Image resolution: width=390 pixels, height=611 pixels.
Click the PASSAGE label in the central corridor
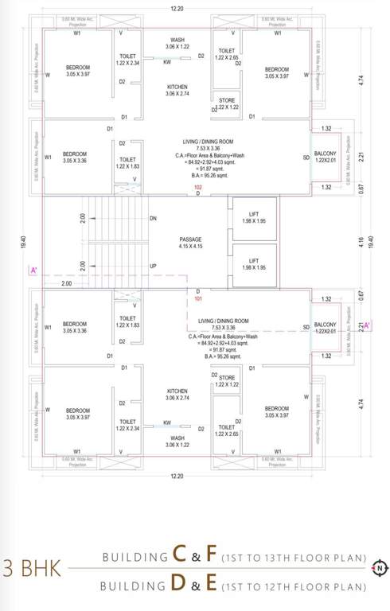coord(190,239)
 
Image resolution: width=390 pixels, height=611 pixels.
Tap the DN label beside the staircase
coord(153,218)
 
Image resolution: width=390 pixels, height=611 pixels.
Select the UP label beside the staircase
coord(153,266)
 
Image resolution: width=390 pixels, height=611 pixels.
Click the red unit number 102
coord(198,187)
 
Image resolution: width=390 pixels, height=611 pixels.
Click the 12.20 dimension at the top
coord(177,9)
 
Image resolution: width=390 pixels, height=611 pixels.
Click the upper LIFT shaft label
coord(253,212)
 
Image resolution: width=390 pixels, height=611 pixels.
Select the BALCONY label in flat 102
coord(325,153)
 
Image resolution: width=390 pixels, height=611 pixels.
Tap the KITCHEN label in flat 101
coord(177,391)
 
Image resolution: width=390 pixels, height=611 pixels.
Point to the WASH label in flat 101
coord(177,438)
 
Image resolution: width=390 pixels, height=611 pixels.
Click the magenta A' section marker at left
coord(33,271)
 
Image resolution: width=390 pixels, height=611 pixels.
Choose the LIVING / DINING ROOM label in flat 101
coord(223,321)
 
